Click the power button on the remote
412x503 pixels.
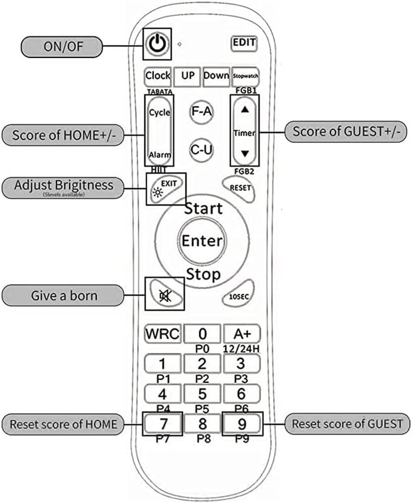pos(157,44)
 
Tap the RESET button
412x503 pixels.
pos(238,187)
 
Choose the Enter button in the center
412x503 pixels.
pos(201,240)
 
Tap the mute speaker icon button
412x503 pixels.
pos(164,294)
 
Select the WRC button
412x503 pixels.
pos(163,334)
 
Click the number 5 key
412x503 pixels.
pos(202,395)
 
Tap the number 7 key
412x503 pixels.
pos(163,424)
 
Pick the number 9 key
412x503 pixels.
pos(242,424)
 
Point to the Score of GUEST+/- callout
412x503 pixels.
pos(346,131)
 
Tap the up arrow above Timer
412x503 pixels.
pos(245,110)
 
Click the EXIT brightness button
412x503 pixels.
pos(165,187)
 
